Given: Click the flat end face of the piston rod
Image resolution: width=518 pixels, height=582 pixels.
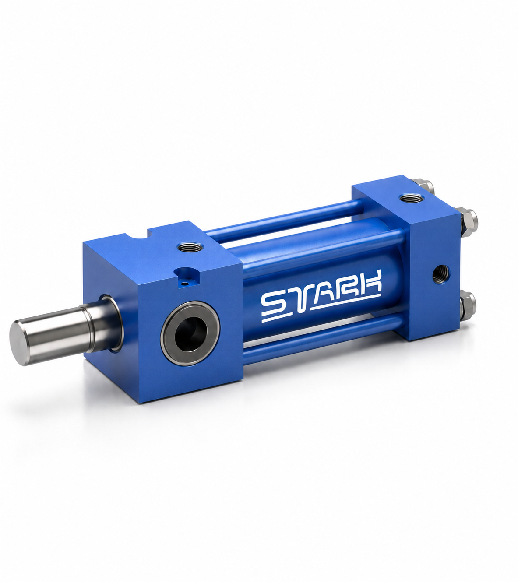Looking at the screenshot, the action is pos(20,343).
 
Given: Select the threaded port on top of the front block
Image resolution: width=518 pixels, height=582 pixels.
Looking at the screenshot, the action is pos(190,246).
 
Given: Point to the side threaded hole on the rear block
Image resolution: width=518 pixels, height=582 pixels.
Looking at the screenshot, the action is pos(441,274).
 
